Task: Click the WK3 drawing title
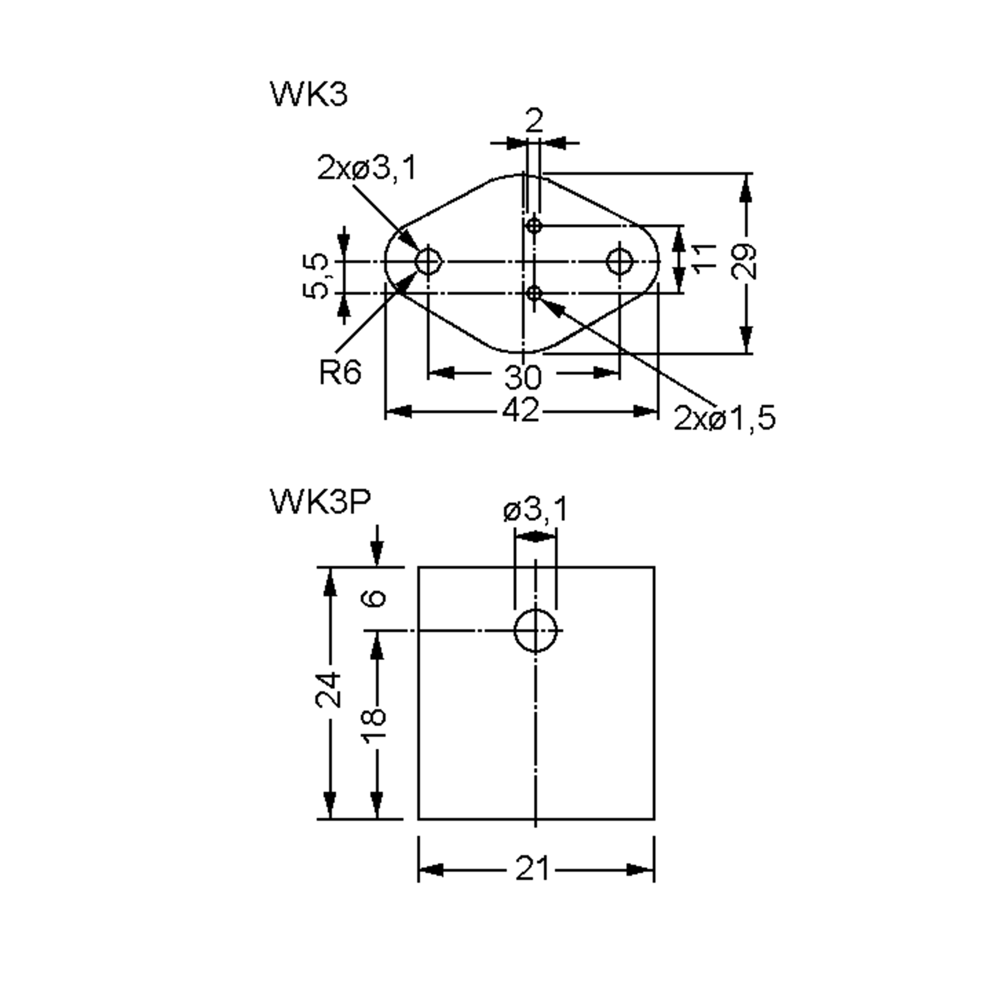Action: (309, 95)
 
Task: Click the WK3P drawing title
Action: (320, 502)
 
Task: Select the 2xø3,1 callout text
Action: (367, 168)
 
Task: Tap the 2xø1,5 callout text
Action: (724, 418)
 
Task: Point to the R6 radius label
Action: (340, 373)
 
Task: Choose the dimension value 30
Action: (523, 377)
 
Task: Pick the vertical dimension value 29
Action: (745, 261)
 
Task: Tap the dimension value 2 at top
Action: (534, 121)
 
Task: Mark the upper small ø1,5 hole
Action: (534, 226)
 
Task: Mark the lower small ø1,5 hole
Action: (534, 294)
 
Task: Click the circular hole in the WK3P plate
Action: (535, 631)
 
